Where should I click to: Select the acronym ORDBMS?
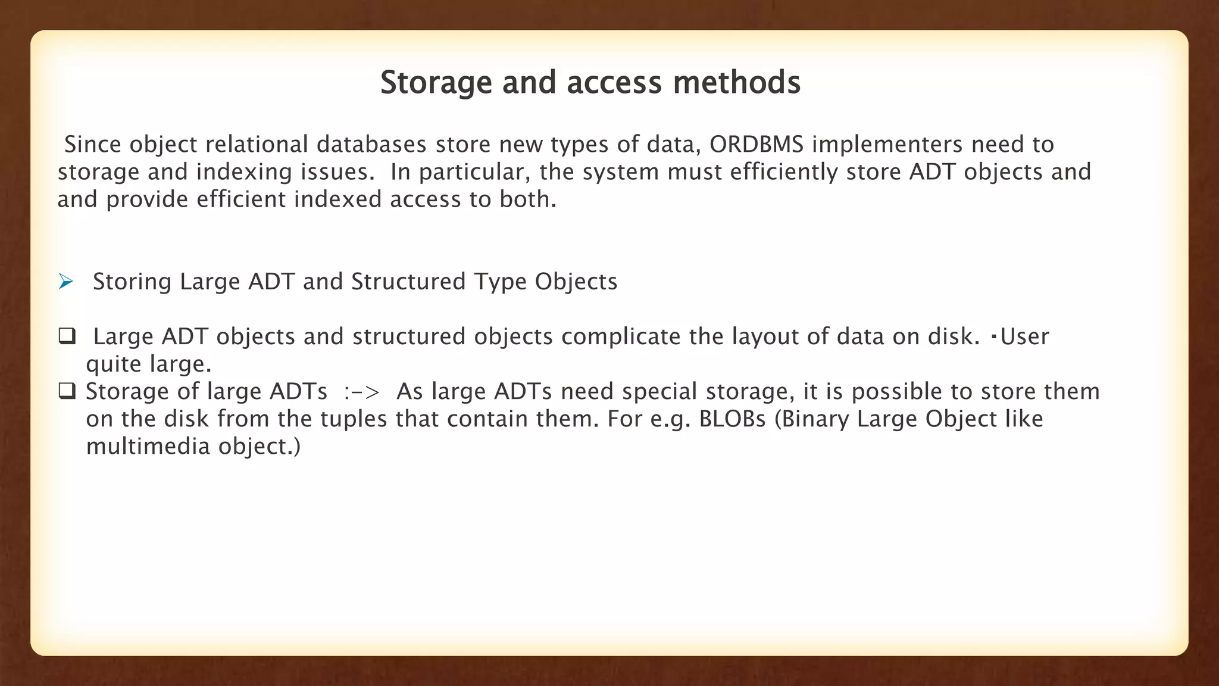(x=757, y=145)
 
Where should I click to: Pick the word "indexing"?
(x=244, y=172)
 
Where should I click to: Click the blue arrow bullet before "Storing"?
(x=65, y=282)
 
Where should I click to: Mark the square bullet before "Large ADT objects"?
(x=67, y=336)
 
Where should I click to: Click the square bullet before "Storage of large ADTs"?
(x=67, y=391)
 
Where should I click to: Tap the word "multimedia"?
(x=148, y=446)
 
